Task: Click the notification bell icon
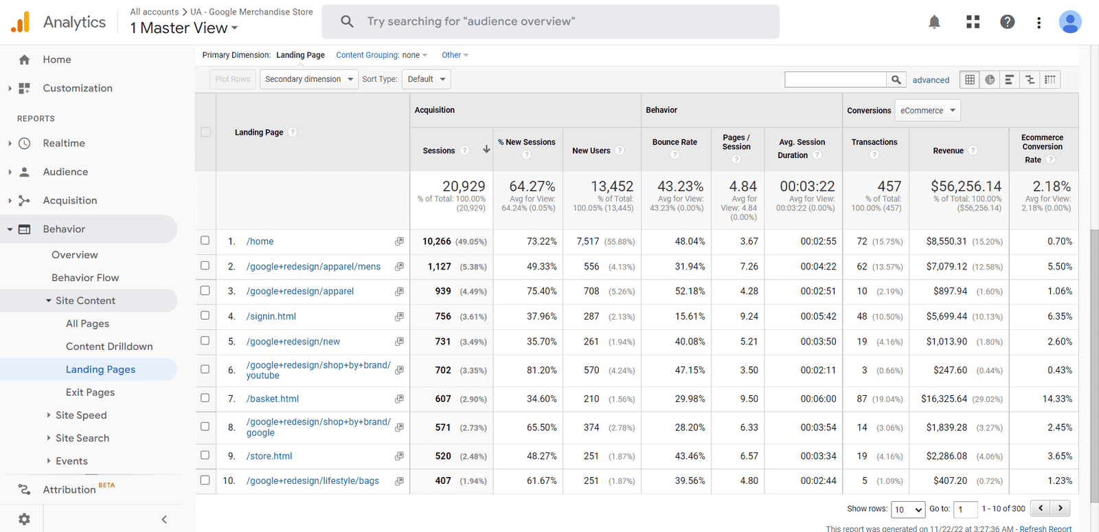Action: point(934,22)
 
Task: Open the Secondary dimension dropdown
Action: point(309,79)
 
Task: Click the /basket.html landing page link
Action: point(273,399)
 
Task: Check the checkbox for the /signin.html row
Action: point(205,315)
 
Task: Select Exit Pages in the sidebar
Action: point(90,392)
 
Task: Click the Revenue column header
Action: point(948,151)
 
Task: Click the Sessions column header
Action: point(439,151)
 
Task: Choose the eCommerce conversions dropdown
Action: point(928,111)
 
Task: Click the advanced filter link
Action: point(931,80)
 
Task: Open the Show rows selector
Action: point(908,509)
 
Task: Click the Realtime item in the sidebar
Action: point(64,143)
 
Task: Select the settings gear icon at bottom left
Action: point(24,519)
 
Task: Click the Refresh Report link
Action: point(1045,529)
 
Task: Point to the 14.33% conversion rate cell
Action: point(1057,399)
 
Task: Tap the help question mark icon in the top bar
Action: point(1007,22)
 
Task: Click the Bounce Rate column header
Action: point(675,142)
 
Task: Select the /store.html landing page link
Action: point(269,456)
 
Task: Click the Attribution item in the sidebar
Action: point(69,489)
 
